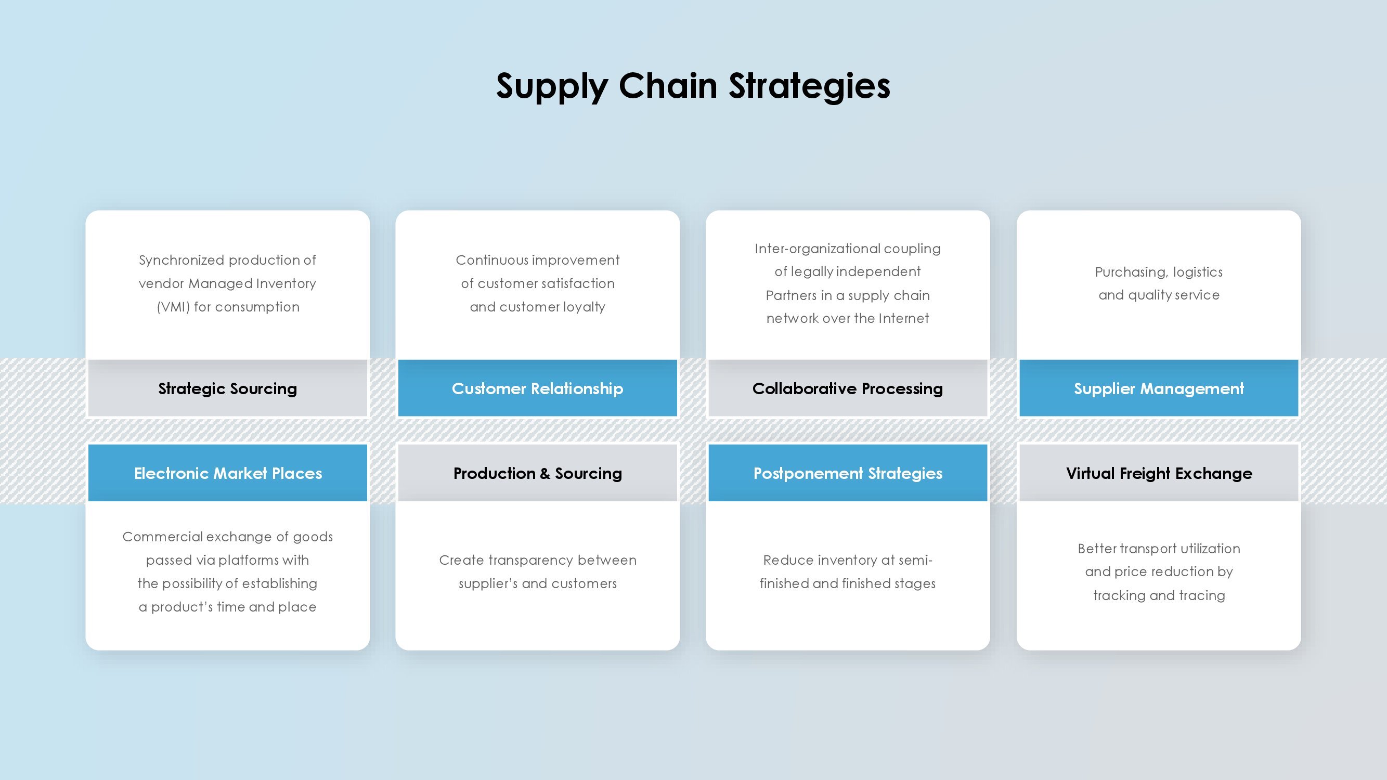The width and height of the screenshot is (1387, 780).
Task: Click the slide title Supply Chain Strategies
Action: tap(693, 86)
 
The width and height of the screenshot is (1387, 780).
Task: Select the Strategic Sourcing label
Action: tap(228, 388)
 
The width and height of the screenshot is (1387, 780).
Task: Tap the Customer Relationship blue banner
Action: tap(537, 388)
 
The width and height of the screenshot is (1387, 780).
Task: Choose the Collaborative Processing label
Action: tap(848, 388)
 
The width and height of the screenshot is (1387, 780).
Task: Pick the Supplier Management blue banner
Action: tap(1159, 388)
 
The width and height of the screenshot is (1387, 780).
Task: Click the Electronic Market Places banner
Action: tap(228, 473)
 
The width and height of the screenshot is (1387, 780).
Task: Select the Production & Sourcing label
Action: tap(537, 473)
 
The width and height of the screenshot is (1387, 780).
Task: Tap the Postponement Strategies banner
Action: tap(848, 473)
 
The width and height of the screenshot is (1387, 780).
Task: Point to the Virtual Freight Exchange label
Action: tap(1159, 473)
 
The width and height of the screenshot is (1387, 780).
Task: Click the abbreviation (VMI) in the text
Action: tap(173, 307)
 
